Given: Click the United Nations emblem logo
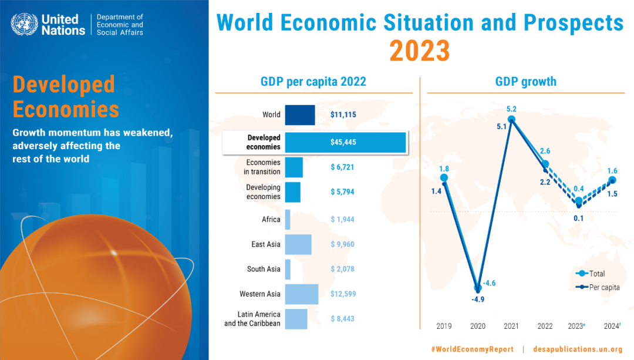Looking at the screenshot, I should point(24,24).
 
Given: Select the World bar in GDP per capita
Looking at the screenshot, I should point(300,115).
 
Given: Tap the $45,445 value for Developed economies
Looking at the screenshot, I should point(343,142).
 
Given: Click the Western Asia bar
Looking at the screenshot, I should point(302,294).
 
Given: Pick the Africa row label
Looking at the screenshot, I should point(271,220).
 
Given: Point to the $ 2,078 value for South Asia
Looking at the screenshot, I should point(342,269).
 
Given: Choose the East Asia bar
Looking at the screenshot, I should point(298,244).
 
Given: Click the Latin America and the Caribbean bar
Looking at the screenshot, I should point(296,319).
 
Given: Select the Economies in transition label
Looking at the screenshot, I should point(263,167).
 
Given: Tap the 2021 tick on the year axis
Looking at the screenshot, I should point(511,326).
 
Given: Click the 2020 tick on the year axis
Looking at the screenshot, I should point(477,326).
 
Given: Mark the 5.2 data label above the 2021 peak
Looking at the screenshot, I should point(511,109).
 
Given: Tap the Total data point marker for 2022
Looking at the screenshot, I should point(545,164).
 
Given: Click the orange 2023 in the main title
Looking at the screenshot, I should point(420,51).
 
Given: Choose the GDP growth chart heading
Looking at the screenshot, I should point(525,82).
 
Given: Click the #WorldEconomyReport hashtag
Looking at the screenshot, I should point(472,349).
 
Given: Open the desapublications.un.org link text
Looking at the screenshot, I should point(578,349).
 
